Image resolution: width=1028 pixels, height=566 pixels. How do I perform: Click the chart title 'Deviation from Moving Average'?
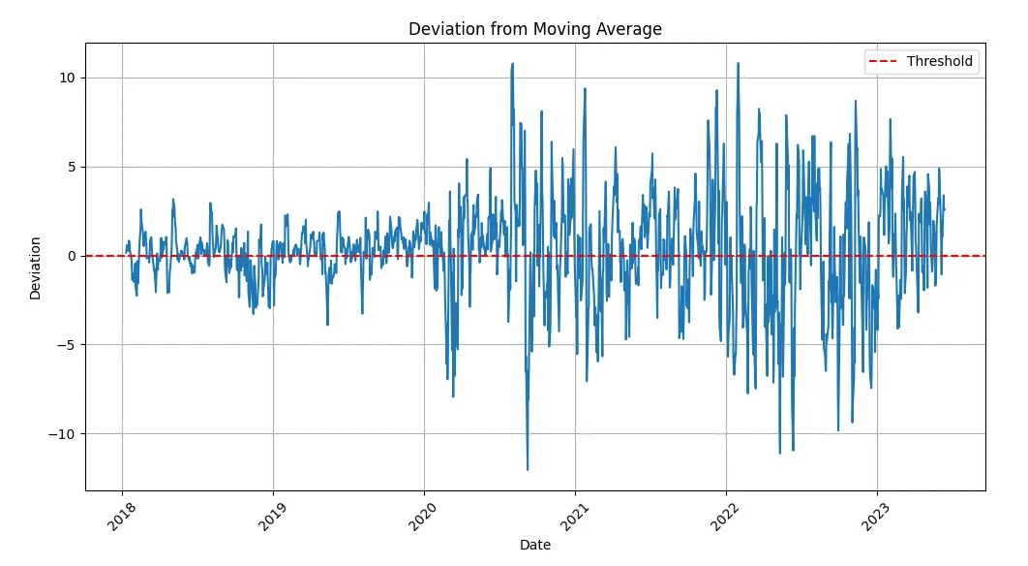534,29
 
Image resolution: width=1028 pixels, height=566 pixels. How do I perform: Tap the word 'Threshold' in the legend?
939,62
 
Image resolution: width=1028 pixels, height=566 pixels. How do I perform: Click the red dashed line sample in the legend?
883,62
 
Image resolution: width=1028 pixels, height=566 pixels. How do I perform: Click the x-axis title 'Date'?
534,546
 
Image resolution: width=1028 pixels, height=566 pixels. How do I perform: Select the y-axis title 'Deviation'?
36,267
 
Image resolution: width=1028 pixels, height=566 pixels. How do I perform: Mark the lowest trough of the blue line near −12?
528,470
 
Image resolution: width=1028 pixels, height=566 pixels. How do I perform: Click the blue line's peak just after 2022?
738,64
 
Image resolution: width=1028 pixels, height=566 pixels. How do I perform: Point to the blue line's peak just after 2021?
585,88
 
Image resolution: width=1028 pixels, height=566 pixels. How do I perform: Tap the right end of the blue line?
945,210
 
